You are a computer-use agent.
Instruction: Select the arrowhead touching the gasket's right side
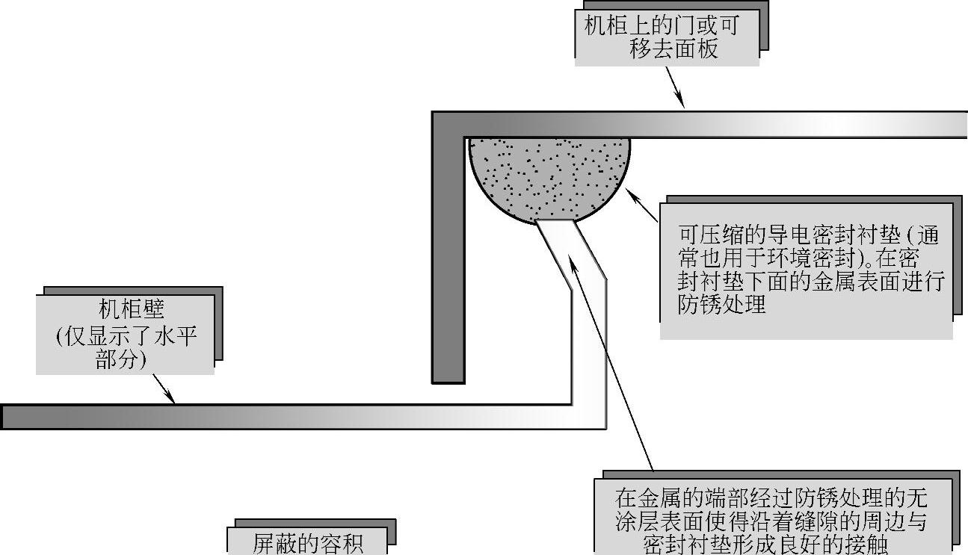(x=630, y=193)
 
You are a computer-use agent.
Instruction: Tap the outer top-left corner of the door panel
(x=434, y=114)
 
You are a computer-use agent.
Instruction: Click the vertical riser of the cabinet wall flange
(x=588, y=351)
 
